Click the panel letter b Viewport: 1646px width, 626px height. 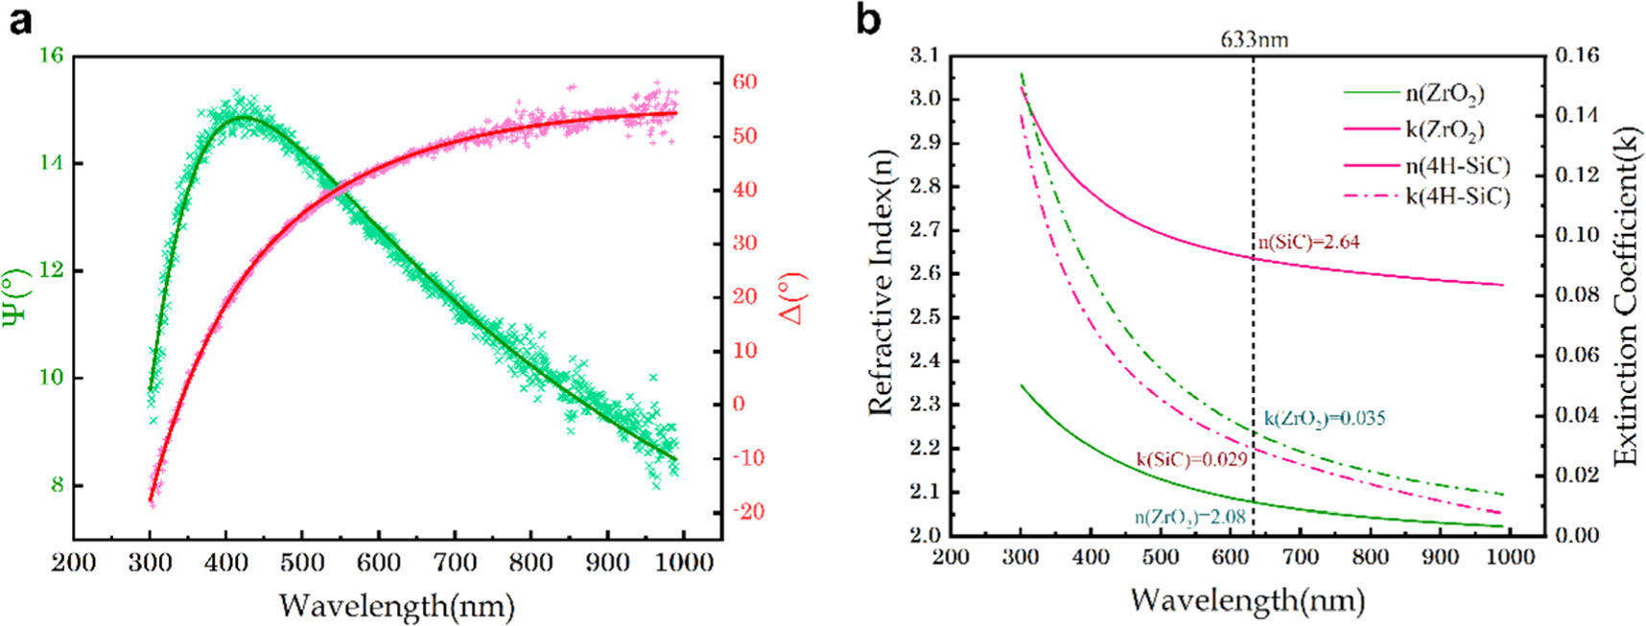[x=867, y=19]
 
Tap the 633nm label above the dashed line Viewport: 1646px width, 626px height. [x=1254, y=39]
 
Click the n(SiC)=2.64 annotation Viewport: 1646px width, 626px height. [x=1309, y=243]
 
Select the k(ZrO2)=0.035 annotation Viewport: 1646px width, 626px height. [x=1324, y=419]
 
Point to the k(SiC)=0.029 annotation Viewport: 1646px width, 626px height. [x=1191, y=460]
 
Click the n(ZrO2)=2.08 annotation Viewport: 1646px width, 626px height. [x=1189, y=518]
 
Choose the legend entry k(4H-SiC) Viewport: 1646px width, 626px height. [x=1457, y=197]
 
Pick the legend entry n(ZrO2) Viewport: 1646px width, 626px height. [x=1445, y=93]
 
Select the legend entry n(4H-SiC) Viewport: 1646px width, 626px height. [x=1457, y=166]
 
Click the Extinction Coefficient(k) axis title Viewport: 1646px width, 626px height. [x=1625, y=297]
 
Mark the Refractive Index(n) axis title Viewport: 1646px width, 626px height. [x=881, y=283]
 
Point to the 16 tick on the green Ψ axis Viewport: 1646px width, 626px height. [x=51, y=56]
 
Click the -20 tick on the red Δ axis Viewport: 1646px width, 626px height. [x=748, y=512]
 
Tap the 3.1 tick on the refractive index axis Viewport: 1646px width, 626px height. [x=925, y=56]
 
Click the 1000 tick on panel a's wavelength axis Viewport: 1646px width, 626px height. [x=683, y=562]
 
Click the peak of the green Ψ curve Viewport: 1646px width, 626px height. [x=242, y=117]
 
